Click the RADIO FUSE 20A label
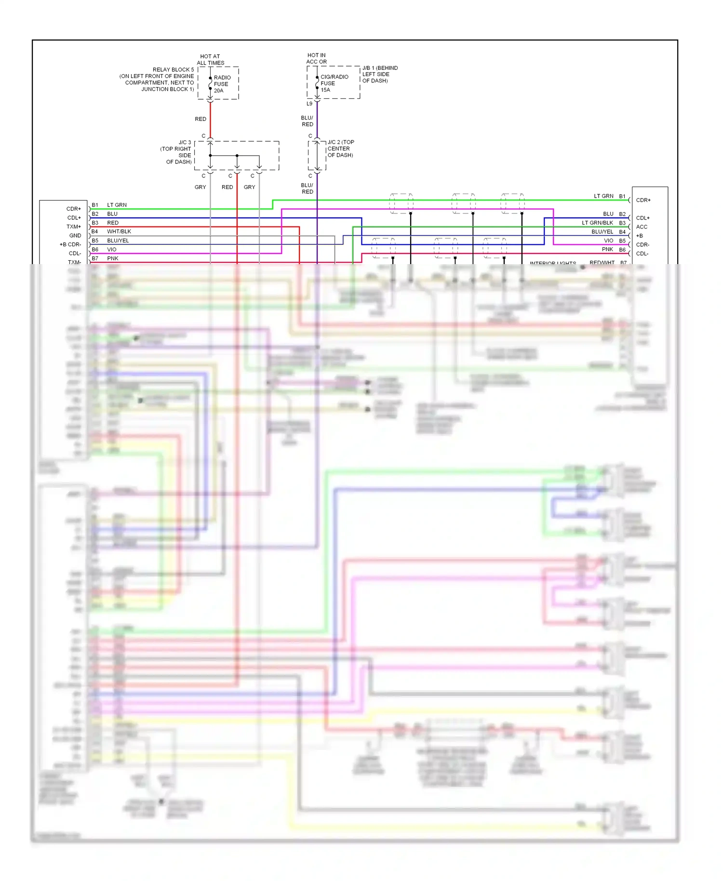click(x=222, y=84)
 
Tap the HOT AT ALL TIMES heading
click(x=210, y=60)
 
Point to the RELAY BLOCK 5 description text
click(x=157, y=80)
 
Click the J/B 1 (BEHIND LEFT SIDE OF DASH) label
click(x=380, y=74)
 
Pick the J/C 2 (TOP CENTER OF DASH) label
click(x=340, y=148)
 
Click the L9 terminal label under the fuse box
click(x=309, y=104)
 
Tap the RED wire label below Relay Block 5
click(x=201, y=119)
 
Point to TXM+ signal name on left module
click(x=74, y=227)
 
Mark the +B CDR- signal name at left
click(x=70, y=244)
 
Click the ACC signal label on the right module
click(x=642, y=227)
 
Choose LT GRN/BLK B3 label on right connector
click(x=602, y=223)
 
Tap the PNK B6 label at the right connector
click(x=613, y=250)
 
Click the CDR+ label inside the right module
click(x=643, y=200)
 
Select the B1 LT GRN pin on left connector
click(x=110, y=205)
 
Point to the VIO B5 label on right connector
click(x=614, y=240)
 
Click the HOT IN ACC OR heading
click(x=316, y=58)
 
